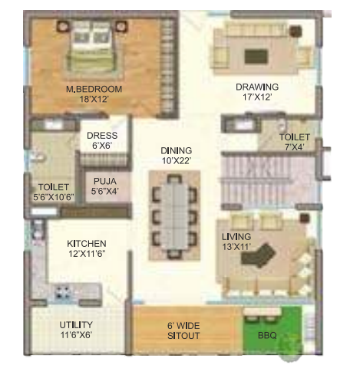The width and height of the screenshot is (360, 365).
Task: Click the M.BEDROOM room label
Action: tap(94, 89)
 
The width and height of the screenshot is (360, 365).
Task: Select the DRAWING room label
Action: tap(256, 87)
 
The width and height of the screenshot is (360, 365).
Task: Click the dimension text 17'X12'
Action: tap(256, 98)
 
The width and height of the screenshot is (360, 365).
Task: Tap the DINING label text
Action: tap(176, 150)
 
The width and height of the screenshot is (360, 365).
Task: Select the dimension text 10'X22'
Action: tap(176, 161)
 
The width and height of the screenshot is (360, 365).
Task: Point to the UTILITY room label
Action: tap(76, 324)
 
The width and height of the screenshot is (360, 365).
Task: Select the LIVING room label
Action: tap(237, 236)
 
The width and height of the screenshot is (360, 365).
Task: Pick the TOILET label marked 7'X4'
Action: tap(295, 136)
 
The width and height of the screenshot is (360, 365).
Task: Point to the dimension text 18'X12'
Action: tap(94, 100)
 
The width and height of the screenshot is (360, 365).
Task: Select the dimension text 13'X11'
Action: tap(237, 247)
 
